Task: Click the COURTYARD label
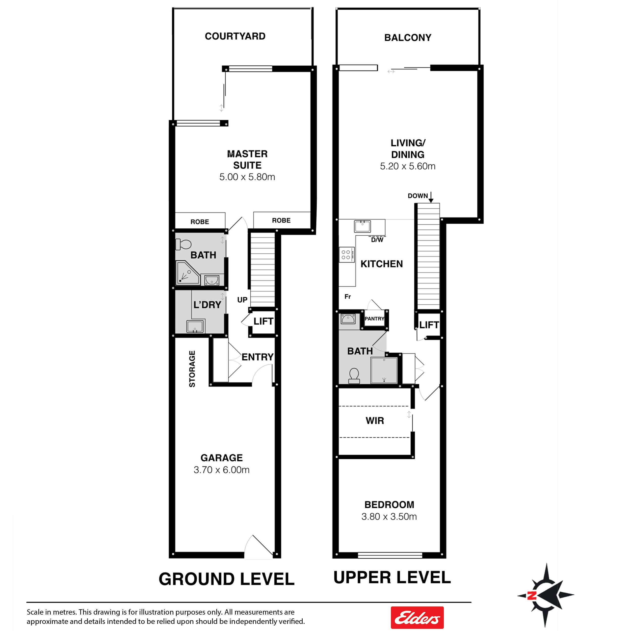coord(235,36)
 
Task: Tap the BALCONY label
coord(408,38)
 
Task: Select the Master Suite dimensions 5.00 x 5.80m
coord(247,177)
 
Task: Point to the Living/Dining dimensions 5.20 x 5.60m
coord(408,166)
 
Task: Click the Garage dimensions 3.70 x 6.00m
coord(221,470)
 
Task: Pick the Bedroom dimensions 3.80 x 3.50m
coord(389,516)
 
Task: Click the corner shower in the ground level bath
coord(188,272)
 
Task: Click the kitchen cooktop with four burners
coord(346,255)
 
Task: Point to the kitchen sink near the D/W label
coord(362,226)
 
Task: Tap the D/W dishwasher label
coord(377,240)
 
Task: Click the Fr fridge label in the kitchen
coord(348,297)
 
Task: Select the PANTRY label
coord(374,319)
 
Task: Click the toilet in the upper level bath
coord(354,376)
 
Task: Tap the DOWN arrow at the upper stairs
coord(431,197)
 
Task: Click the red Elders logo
coord(417,617)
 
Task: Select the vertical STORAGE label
coord(192,369)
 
